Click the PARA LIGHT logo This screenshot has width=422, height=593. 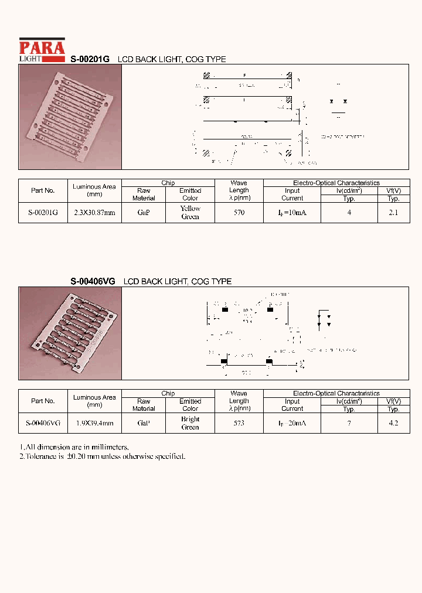point(42,50)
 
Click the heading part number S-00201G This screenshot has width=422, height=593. point(90,59)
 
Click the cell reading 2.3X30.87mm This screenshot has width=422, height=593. point(94,213)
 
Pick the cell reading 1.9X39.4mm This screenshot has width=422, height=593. point(94,422)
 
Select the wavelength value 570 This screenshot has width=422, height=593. point(239,213)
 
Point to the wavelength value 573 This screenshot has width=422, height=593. point(239,422)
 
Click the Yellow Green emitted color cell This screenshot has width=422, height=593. point(190,213)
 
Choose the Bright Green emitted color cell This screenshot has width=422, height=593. point(190,422)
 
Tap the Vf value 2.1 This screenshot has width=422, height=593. point(393,213)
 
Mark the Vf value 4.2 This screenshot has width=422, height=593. point(393,422)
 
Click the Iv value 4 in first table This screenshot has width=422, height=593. point(349,213)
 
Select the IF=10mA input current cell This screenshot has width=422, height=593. point(292,213)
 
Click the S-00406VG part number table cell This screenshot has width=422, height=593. point(43,422)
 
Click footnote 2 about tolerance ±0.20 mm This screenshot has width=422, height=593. point(103,456)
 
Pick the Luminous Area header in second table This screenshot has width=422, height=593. point(94,401)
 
